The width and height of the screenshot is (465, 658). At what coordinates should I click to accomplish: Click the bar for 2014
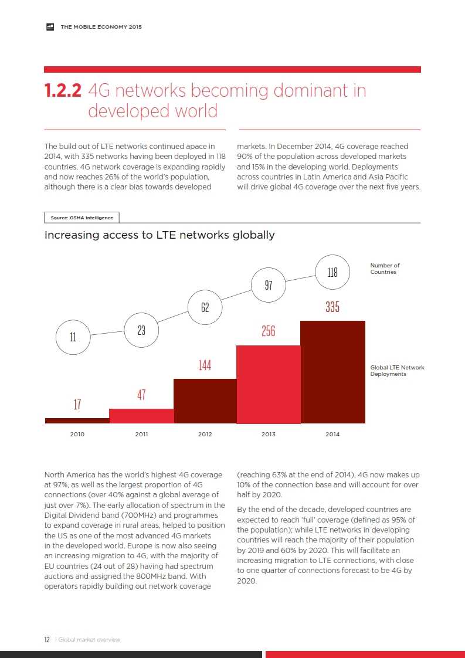click(332, 372)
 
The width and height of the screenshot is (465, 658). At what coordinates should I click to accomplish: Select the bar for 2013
click(269, 384)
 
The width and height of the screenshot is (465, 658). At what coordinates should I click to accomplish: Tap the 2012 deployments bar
click(205, 401)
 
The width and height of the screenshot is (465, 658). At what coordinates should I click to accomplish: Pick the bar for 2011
click(141, 416)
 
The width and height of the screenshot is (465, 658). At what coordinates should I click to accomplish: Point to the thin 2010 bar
click(77, 420)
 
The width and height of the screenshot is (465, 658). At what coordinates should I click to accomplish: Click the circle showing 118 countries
click(332, 272)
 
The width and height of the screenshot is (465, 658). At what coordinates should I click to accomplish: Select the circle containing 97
click(269, 286)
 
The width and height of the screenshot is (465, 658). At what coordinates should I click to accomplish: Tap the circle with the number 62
click(205, 307)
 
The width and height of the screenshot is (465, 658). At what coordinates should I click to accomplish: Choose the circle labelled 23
click(141, 330)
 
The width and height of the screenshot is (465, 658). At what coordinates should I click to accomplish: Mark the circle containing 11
click(73, 337)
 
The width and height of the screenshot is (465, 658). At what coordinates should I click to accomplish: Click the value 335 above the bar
click(332, 307)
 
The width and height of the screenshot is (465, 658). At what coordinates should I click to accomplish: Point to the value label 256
click(269, 331)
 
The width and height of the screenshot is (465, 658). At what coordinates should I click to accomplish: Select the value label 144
click(205, 365)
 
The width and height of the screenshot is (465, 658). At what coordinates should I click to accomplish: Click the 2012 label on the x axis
click(205, 435)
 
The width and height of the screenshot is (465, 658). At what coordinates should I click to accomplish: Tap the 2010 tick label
click(77, 435)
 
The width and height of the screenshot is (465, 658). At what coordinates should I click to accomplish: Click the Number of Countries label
click(385, 269)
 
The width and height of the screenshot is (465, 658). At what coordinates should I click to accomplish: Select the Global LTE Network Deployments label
click(397, 371)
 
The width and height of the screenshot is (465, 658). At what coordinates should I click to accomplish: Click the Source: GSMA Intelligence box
click(82, 218)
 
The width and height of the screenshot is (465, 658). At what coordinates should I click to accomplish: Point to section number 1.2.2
click(63, 91)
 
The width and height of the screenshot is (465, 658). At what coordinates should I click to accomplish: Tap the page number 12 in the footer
click(47, 640)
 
